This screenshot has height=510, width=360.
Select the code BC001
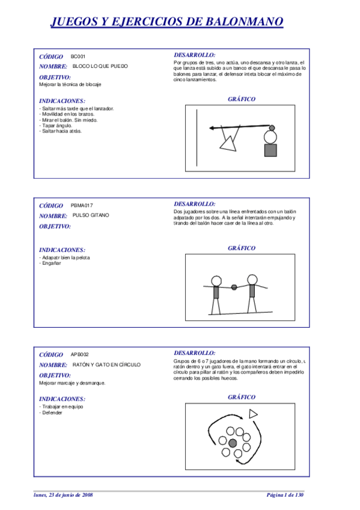pyautogui.click(x=78, y=56)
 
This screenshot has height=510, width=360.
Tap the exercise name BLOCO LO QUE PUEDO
pyautogui.click(x=100, y=66)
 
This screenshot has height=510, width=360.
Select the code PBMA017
pyautogui.click(x=82, y=205)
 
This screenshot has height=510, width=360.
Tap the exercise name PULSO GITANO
pyautogui.click(x=91, y=215)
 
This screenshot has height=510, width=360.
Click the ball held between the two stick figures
pyautogui.click(x=234, y=287)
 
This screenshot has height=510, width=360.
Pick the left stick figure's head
pyautogui.click(x=216, y=281)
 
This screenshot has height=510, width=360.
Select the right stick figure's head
pyautogui.click(x=251, y=280)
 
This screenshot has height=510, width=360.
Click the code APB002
pyautogui.click(x=79, y=354)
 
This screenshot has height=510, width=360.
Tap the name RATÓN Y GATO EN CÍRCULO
pyautogui.click(x=106, y=364)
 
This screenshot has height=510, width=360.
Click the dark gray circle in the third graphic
pyautogui.click(x=233, y=443)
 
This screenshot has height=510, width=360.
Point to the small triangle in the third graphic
pyautogui.click(x=253, y=413)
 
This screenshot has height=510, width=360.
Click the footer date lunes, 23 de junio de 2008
pyautogui.click(x=63, y=494)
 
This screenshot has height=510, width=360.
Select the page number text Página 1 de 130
pyautogui.click(x=285, y=494)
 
